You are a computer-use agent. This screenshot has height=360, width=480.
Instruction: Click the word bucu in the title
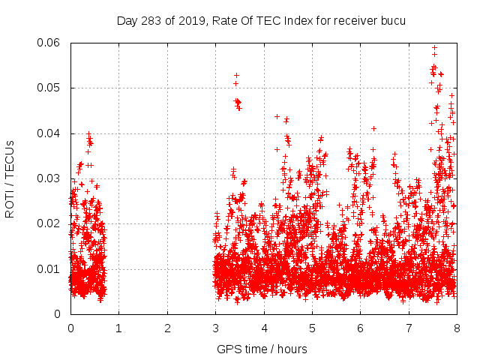pyautogui.click(x=391, y=20)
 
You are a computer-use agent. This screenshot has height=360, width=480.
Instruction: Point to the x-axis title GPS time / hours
pyautogui.click(x=262, y=349)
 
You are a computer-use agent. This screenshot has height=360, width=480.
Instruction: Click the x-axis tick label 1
pyautogui.click(x=118, y=328)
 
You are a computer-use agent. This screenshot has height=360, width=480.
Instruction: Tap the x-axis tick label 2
pyautogui.click(x=167, y=328)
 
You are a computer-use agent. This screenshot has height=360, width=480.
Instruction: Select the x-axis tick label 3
pyautogui.click(x=215, y=328)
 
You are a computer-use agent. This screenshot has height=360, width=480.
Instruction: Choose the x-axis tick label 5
pyautogui.click(x=312, y=328)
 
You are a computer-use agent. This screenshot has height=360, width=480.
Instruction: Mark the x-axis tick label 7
pyautogui.click(x=409, y=328)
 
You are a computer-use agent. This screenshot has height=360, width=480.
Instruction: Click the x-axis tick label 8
pyautogui.click(x=457, y=328)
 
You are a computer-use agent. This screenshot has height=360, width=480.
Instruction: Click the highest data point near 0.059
pyautogui.click(x=434, y=47)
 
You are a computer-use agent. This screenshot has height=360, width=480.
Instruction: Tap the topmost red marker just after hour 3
pyautogui.click(x=236, y=75)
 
